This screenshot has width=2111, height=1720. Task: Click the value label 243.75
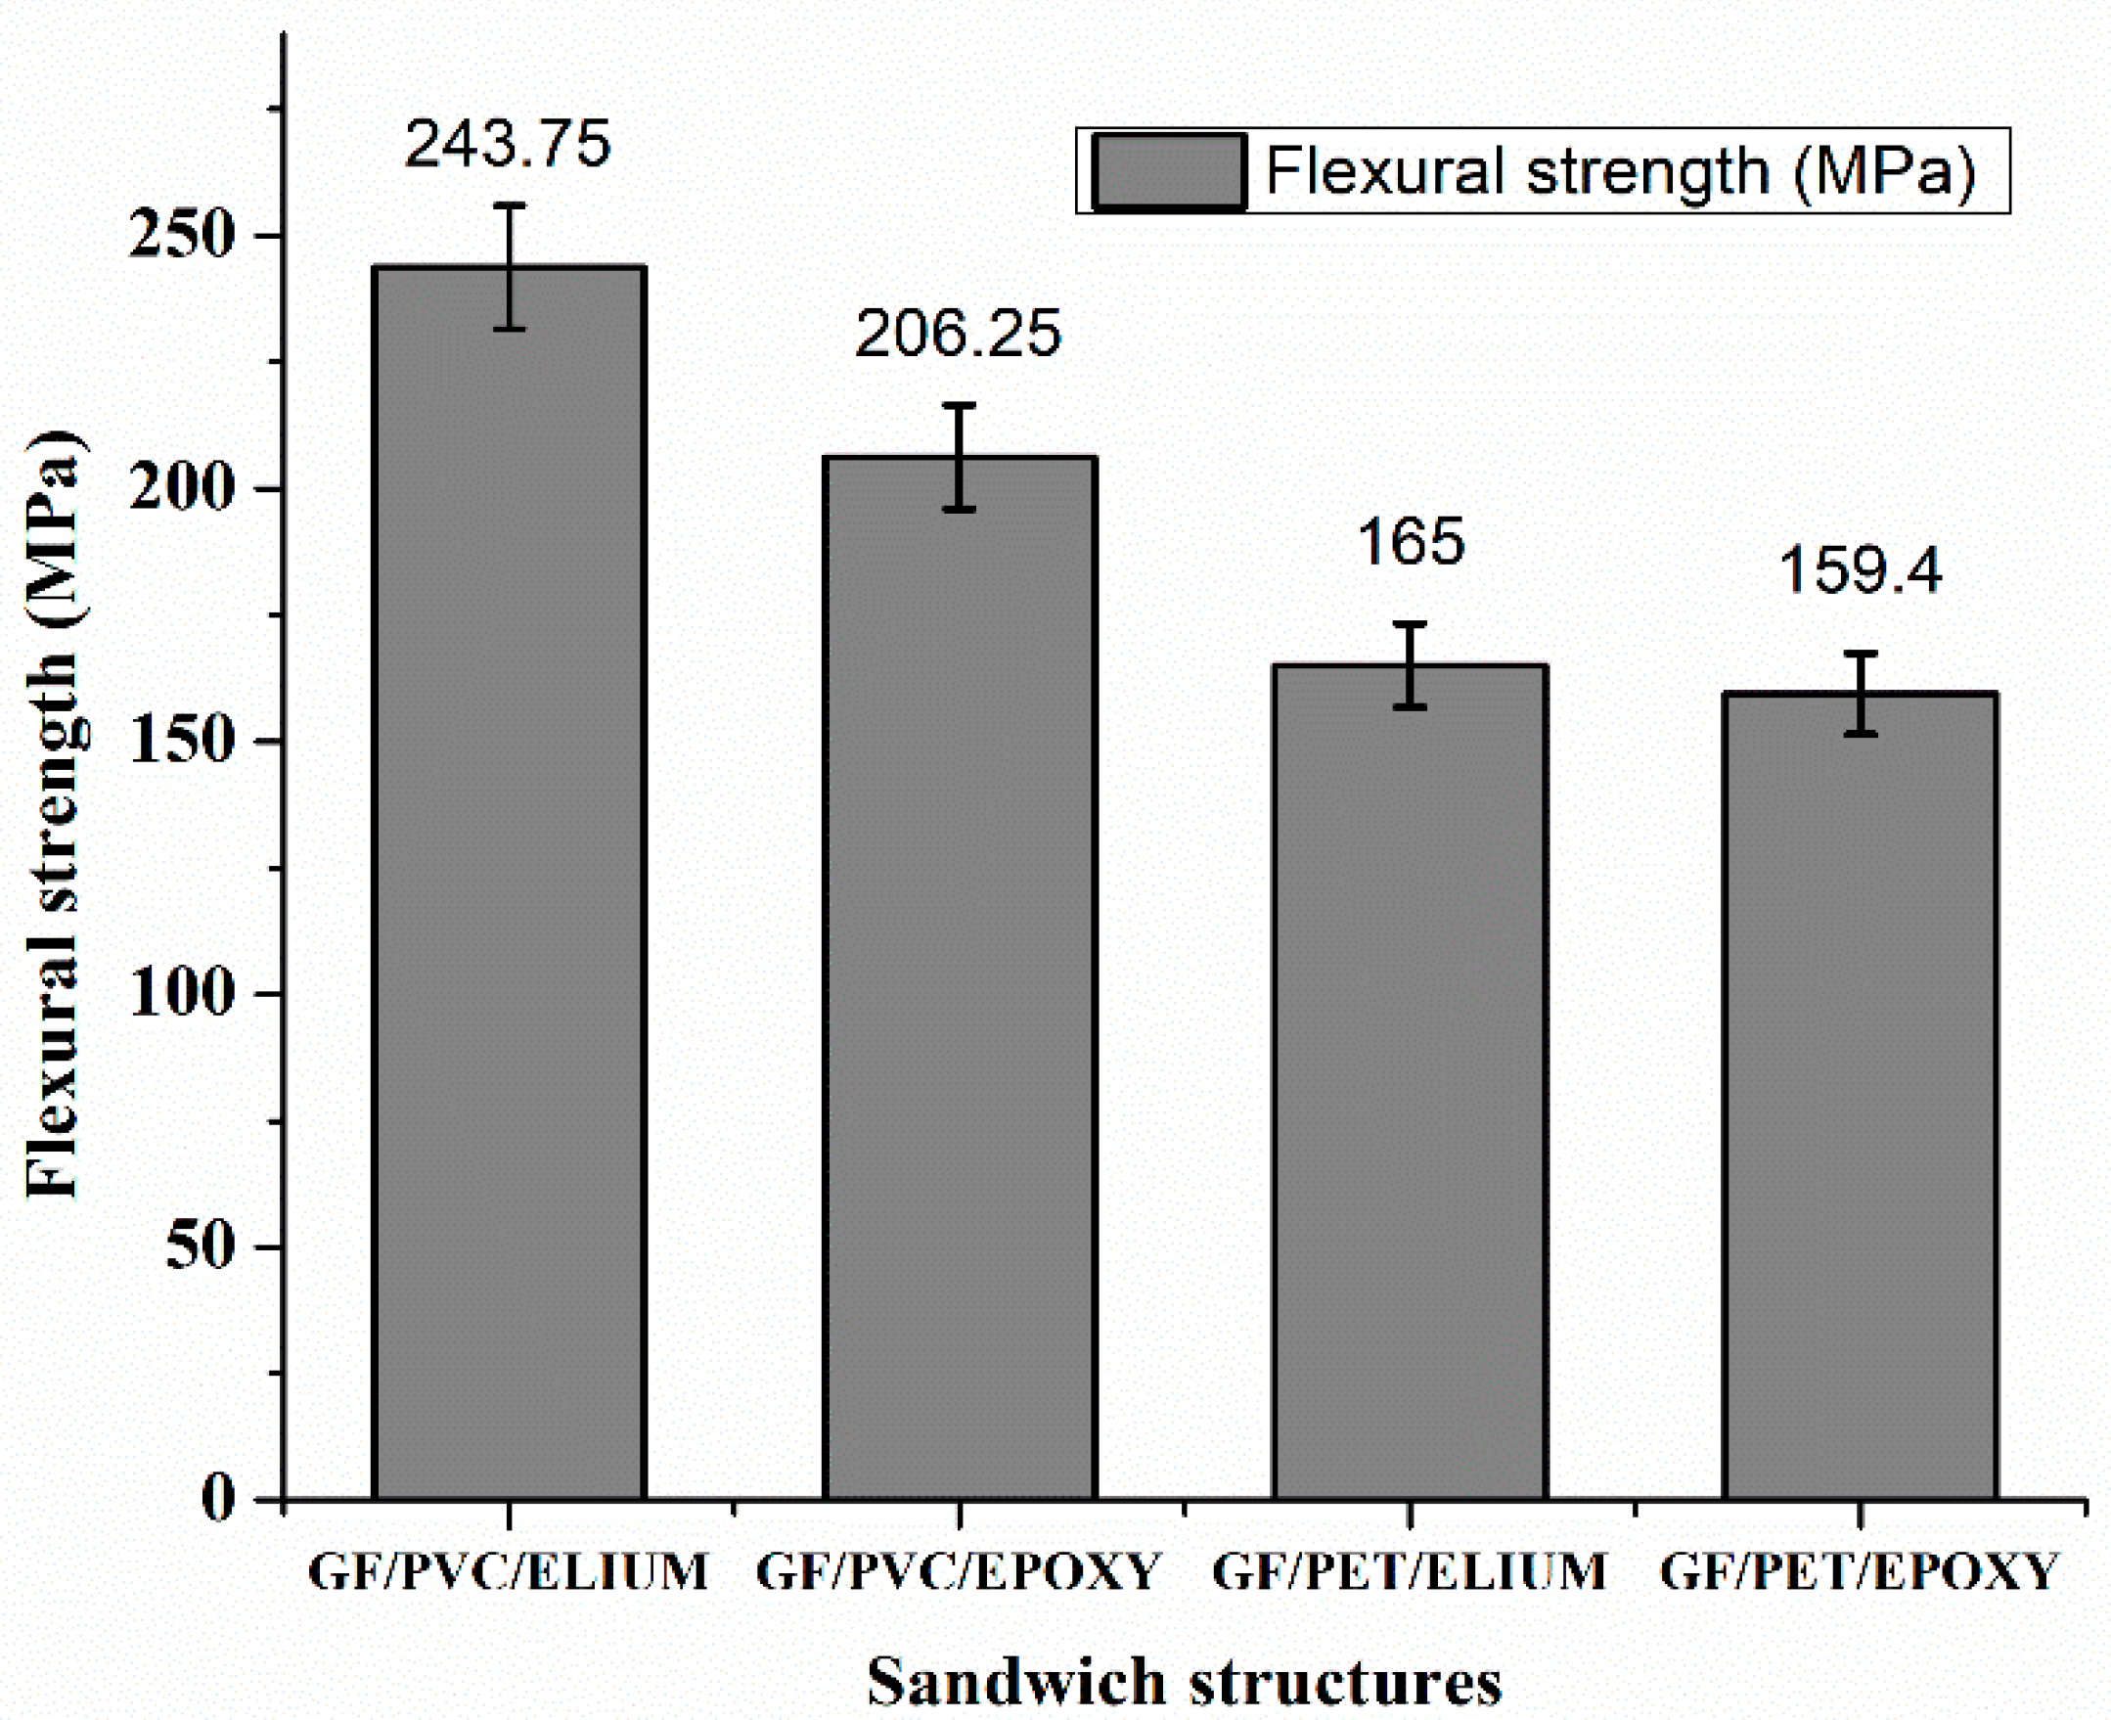tap(507, 144)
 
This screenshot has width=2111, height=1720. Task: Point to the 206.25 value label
tap(958, 334)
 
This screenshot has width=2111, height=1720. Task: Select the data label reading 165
tap(1410, 542)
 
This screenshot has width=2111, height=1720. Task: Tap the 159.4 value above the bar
tap(1861, 570)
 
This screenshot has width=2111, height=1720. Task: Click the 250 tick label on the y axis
tap(179, 237)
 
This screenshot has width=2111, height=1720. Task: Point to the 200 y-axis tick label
tap(179, 488)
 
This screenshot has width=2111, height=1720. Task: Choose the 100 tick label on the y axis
tap(179, 993)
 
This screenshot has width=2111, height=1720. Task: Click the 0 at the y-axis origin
tap(218, 1498)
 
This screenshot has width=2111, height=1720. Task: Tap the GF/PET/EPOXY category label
tap(1860, 1572)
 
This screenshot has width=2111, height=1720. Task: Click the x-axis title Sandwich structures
tap(1185, 1682)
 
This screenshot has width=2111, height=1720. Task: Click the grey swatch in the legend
tap(1169, 171)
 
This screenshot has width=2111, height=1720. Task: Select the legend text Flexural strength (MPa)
tap(1621, 171)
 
